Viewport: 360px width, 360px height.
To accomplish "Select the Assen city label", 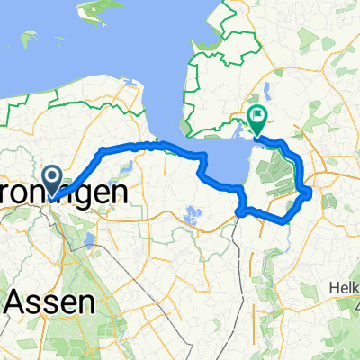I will tap(50, 302).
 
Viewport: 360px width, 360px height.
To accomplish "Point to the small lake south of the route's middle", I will tap(191, 216).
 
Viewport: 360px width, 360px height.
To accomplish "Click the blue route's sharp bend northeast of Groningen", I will tap(103, 148).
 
